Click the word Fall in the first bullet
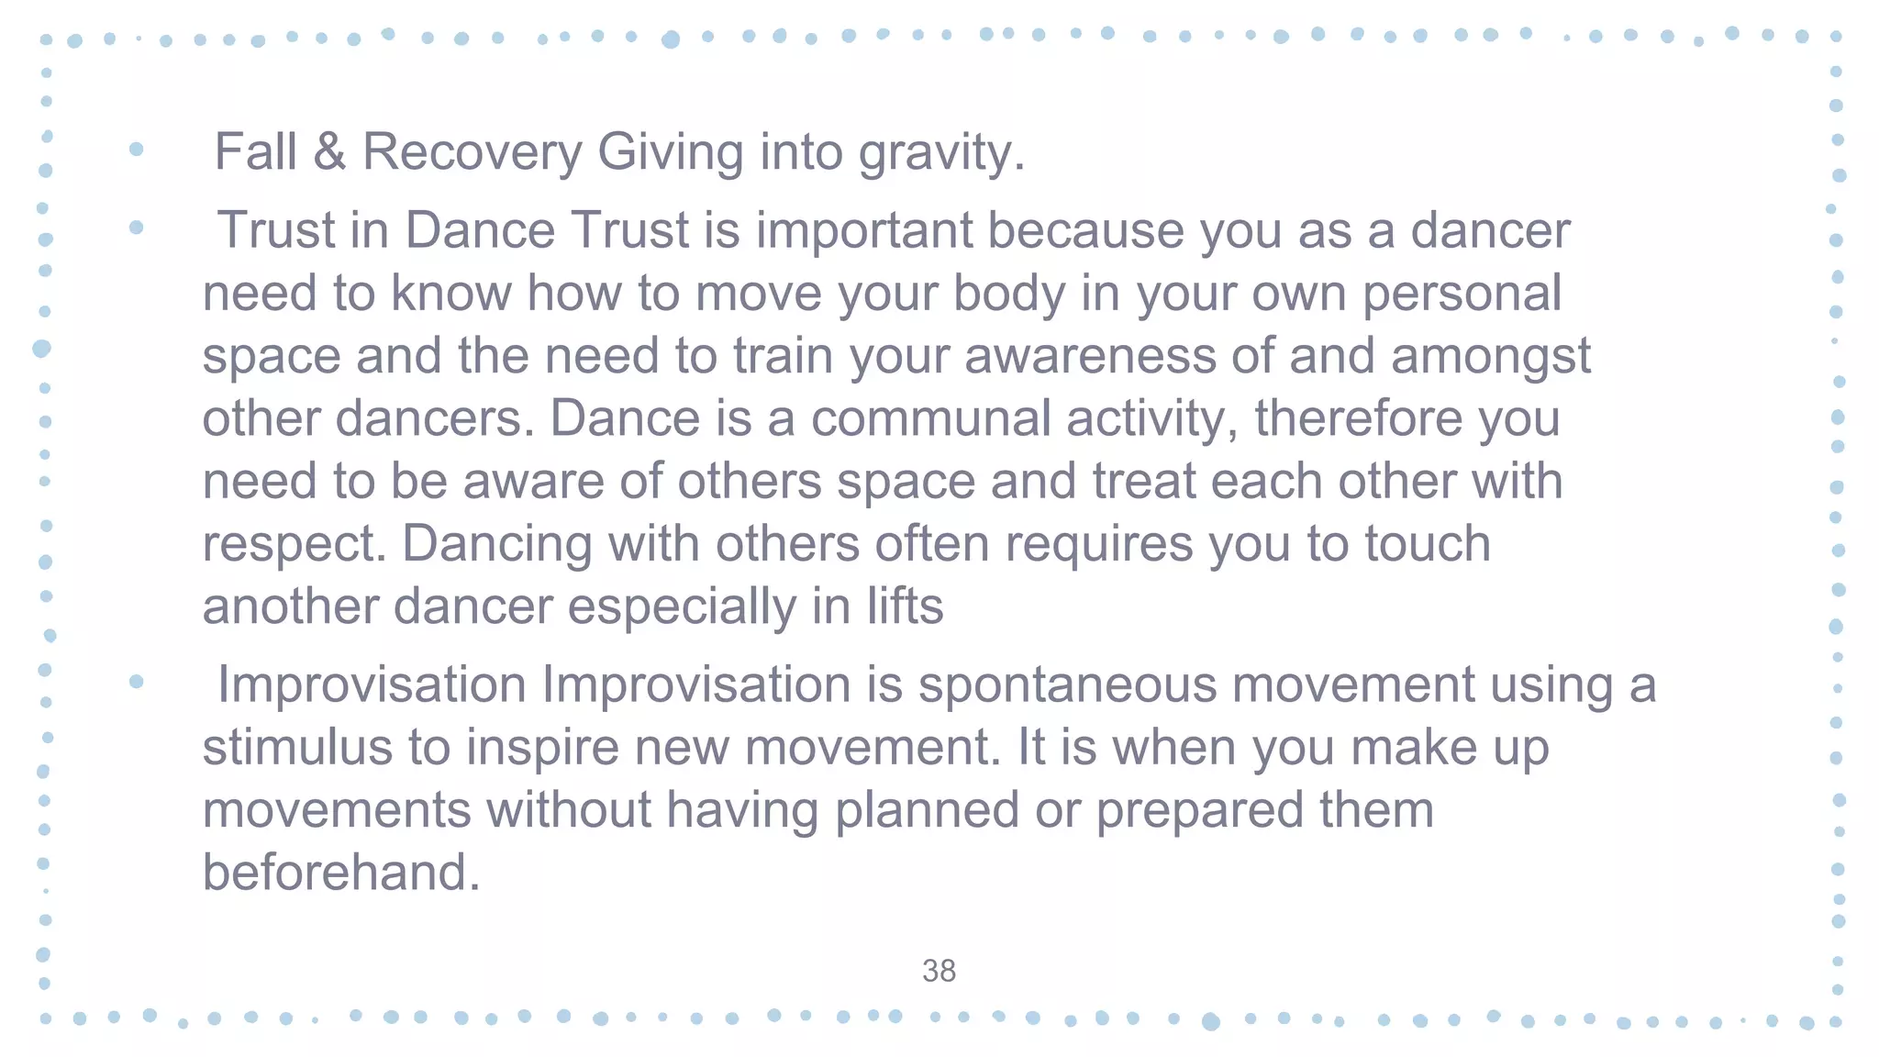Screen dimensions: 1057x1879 coord(255,151)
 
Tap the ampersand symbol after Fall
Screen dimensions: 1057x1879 coord(329,151)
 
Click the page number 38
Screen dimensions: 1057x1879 coord(939,971)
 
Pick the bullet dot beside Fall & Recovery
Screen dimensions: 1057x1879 coord(137,149)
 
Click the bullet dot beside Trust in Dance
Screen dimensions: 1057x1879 coord(137,228)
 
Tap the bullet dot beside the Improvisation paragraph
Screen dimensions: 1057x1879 coord(137,681)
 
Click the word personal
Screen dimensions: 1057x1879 coord(1462,294)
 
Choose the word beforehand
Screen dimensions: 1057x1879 coord(340,872)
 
